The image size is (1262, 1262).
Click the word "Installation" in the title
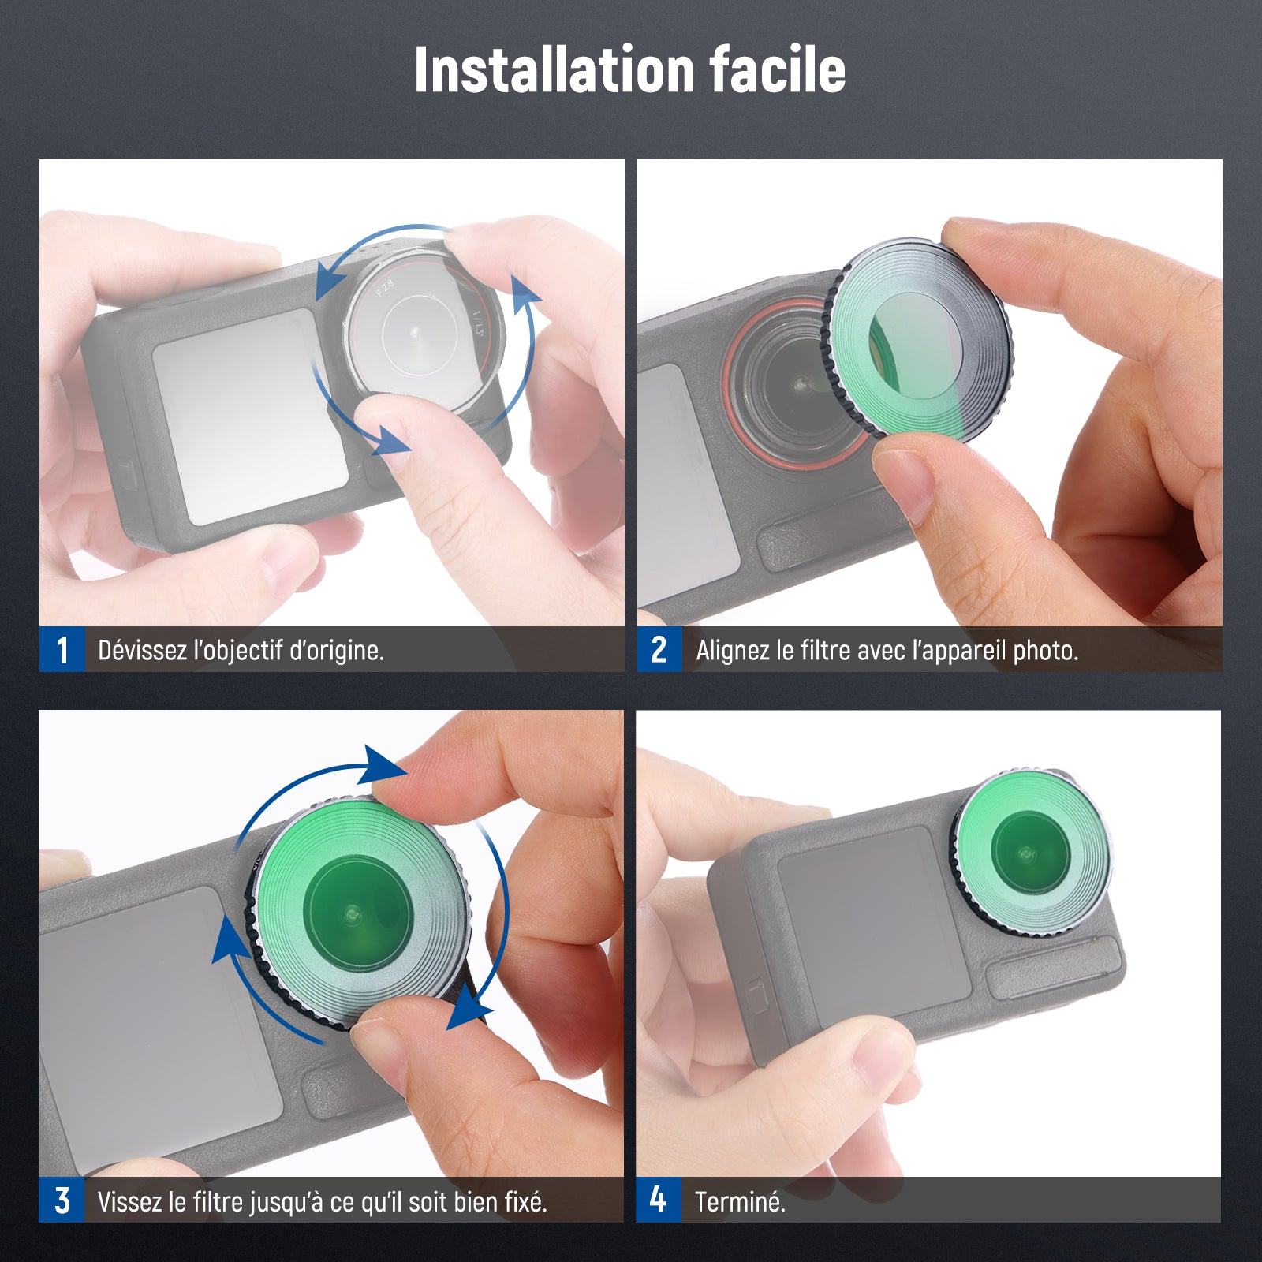click(x=552, y=69)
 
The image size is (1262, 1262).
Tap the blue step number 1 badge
click(x=62, y=650)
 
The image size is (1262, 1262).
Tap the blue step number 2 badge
click(x=659, y=650)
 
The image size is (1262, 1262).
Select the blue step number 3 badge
click(x=62, y=1200)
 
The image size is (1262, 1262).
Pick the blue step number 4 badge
click(x=659, y=1200)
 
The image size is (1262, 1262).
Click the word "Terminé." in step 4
click(x=740, y=1201)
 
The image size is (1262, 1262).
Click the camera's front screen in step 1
click(x=251, y=416)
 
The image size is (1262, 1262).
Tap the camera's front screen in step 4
click(x=874, y=928)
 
